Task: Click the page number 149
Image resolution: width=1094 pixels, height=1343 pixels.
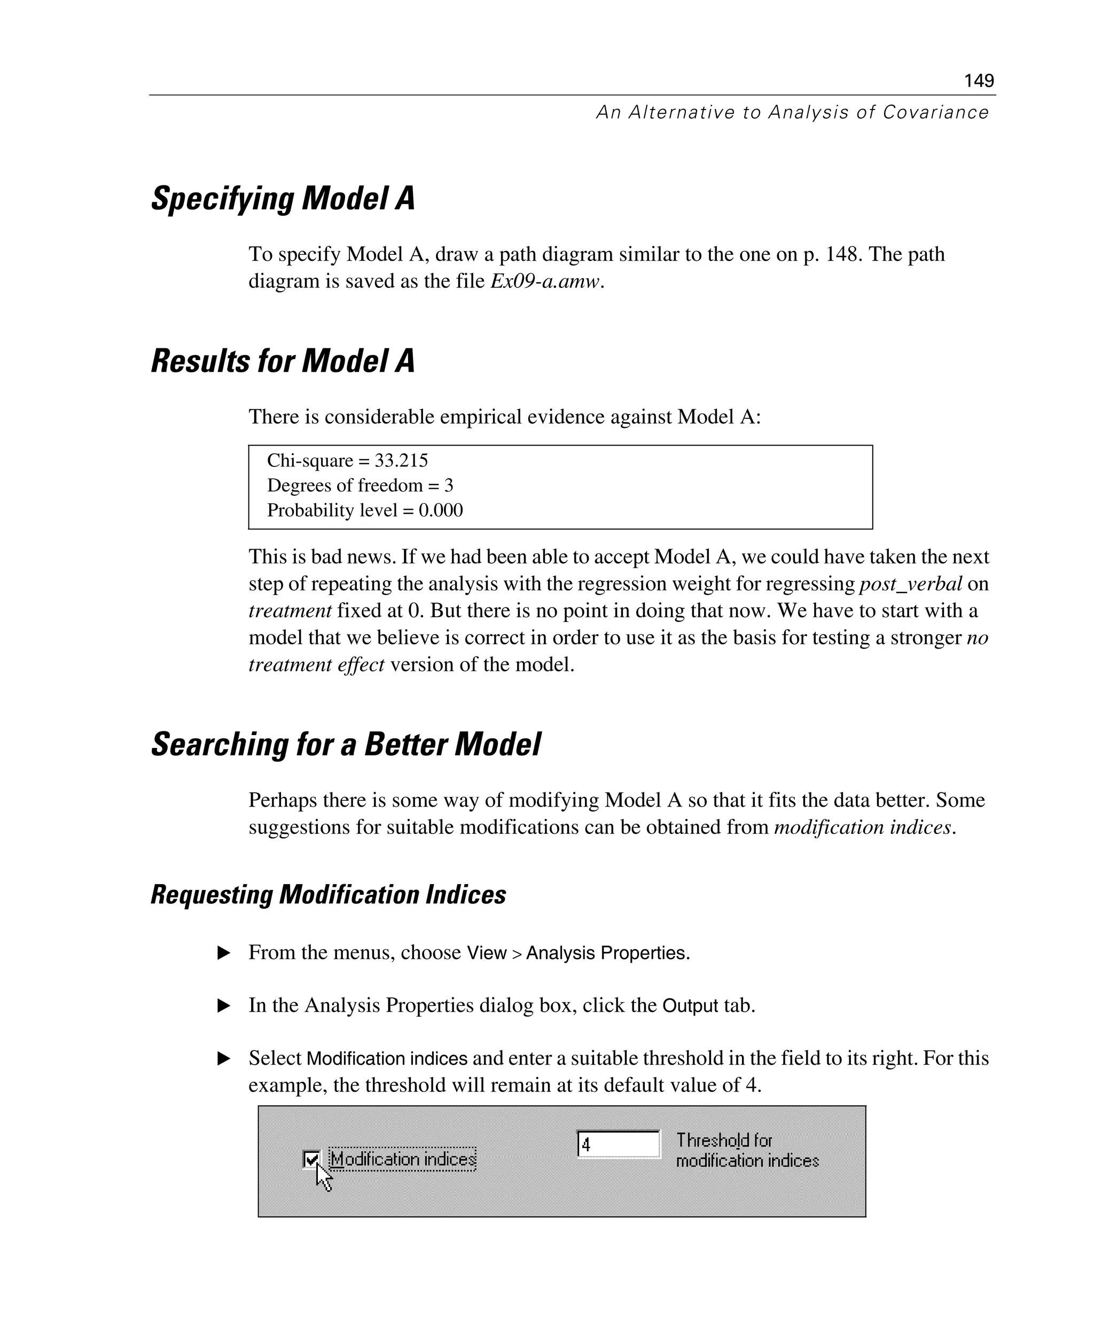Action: tap(979, 81)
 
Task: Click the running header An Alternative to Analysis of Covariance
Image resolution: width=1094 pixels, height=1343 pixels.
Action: tap(792, 112)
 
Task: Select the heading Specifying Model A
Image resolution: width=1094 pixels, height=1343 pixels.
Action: tap(283, 199)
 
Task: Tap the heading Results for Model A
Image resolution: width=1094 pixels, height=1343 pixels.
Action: tap(283, 361)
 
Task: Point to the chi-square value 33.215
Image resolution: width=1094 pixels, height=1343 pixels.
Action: tap(401, 460)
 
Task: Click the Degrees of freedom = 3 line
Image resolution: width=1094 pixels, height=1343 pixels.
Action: tap(360, 485)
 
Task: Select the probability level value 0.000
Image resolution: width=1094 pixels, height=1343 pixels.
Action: tap(441, 511)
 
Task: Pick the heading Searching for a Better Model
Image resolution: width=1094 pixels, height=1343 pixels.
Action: tap(346, 744)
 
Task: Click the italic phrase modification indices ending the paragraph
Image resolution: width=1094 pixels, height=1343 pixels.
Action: tap(863, 827)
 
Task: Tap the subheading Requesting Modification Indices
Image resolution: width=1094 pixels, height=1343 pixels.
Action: tap(329, 895)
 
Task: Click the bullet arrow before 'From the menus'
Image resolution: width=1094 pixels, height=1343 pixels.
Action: tap(224, 953)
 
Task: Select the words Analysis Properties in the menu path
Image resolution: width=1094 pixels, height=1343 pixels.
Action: tap(607, 953)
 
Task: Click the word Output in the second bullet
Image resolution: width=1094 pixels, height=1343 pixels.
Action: tap(690, 1006)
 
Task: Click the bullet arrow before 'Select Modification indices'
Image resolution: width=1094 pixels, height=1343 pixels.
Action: tap(224, 1059)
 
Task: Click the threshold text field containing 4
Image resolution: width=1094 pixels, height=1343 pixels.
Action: tap(619, 1144)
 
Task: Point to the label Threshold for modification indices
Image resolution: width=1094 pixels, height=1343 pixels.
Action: tap(747, 1151)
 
